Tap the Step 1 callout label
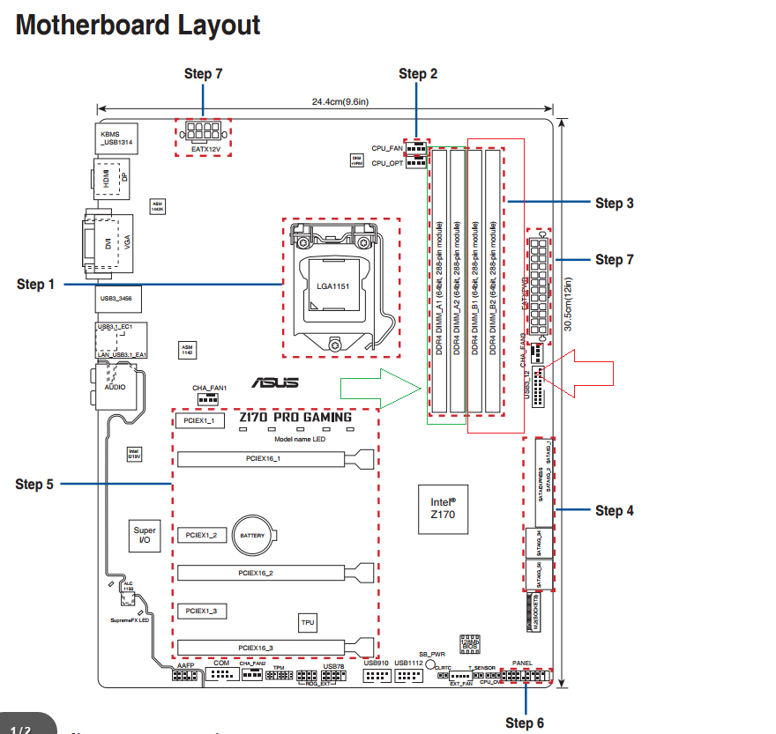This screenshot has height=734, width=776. (x=35, y=284)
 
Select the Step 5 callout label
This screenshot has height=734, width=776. (x=34, y=484)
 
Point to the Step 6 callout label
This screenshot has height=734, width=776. (x=525, y=723)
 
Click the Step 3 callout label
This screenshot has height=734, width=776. (x=614, y=203)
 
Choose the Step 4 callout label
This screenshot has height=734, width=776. (x=614, y=510)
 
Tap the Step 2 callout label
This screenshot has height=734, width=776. (x=418, y=74)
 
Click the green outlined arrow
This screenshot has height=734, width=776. (x=381, y=389)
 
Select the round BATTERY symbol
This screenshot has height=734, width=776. (x=252, y=535)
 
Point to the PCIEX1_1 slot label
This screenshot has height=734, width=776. (x=199, y=422)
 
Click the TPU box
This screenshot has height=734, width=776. (x=308, y=622)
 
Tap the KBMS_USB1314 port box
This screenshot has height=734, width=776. (x=115, y=138)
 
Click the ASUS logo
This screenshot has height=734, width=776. (x=274, y=382)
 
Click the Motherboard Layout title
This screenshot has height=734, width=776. (x=138, y=25)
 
